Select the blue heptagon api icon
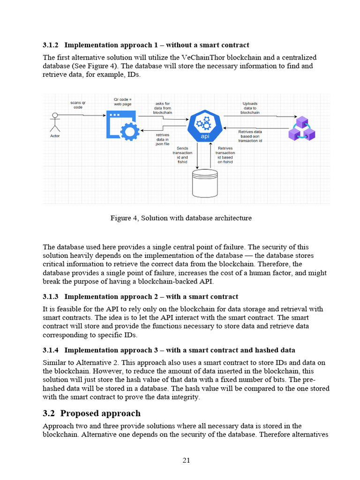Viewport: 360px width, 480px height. point(205,125)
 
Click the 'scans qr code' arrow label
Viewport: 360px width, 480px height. point(78,105)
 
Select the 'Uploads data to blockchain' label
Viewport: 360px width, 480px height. point(250,108)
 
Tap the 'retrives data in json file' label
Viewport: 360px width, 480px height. point(162,139)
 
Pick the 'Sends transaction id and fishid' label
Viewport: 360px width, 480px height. point(182,155)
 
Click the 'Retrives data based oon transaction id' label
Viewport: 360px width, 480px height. point(250,136)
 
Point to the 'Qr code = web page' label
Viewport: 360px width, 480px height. point(123,102)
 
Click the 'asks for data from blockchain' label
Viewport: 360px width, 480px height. point(163,108)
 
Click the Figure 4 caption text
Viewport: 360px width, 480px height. point(181,218)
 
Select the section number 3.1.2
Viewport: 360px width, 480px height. point(50,45)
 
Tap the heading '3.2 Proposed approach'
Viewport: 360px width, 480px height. point(91,413)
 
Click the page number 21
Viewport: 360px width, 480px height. point(186,460)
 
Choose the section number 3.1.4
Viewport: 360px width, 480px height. point(50,350)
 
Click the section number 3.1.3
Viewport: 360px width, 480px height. point(50,297)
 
